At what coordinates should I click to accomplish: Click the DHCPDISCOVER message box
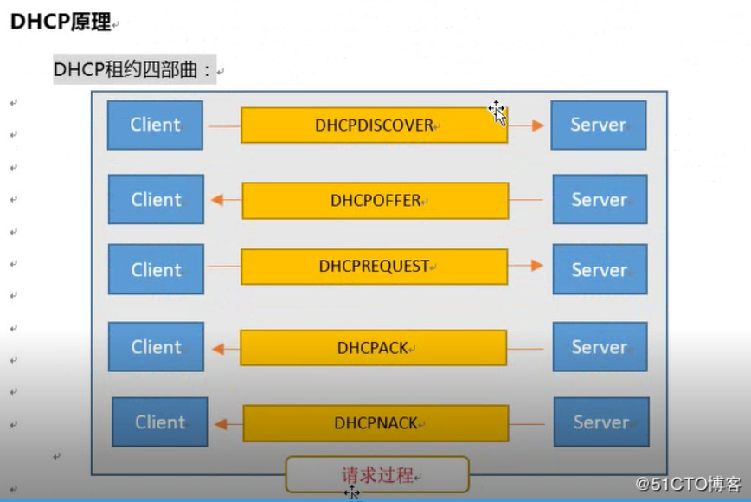click(374, 125)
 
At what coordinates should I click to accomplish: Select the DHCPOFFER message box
click(375, 201)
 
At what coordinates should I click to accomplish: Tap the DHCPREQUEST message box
click(374, 267)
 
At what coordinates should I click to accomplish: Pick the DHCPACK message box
click(373, 348)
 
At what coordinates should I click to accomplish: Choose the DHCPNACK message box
click(375, 424)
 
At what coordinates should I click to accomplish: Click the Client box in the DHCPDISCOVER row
click(155, 125)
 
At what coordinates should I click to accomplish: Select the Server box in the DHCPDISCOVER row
click(598, 125)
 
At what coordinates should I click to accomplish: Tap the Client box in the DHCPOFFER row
click(156, 200)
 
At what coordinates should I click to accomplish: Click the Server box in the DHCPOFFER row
click(599, 200)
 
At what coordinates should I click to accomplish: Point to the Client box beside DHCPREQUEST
click(156, 269)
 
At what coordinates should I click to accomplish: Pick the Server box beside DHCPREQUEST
click(599, 269)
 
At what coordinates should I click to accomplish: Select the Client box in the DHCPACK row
click(156, 347)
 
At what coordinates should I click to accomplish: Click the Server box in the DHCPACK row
click(599, 347)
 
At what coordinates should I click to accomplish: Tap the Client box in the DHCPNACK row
click(160, 422)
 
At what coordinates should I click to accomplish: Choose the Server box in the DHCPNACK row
click(600, 422)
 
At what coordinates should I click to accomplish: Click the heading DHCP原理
click(61, 23)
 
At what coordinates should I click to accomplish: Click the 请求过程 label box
click(377, 475)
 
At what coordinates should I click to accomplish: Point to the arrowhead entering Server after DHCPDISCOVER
click(538, 125)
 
